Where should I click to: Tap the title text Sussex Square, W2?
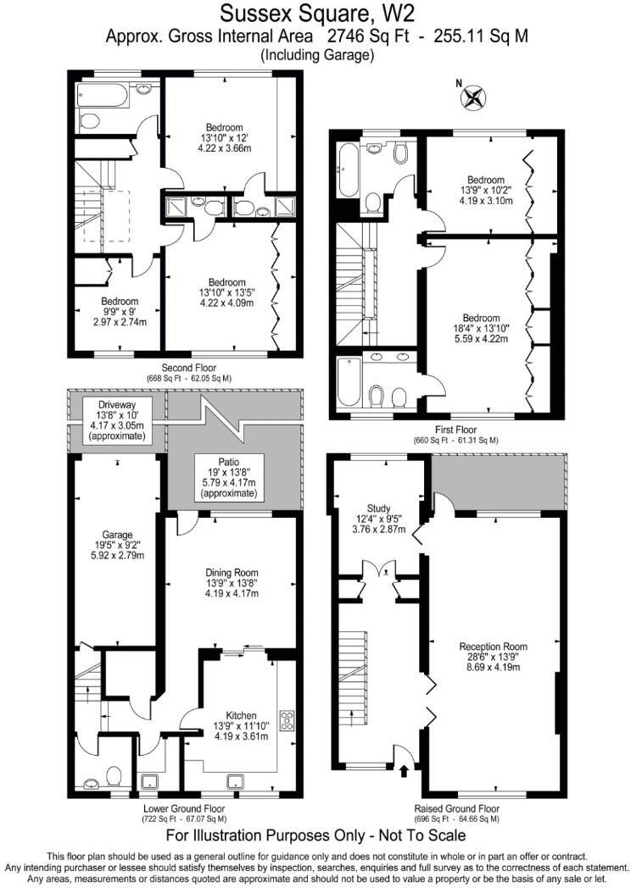[315, 14]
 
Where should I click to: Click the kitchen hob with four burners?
[288, 721]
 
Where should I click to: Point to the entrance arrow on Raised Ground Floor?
[404, 770]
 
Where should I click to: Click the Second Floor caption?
[189, 369]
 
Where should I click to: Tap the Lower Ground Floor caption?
[184, 808]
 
